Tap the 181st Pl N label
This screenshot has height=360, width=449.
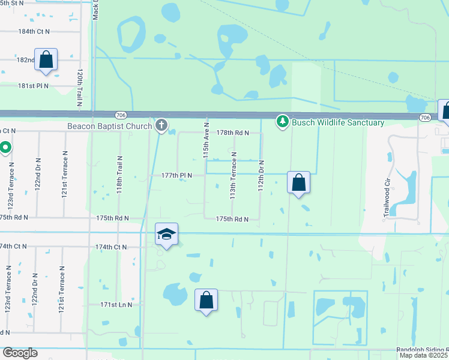point(33,86)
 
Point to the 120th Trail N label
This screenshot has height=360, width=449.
point(79,88)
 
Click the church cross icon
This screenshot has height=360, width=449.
point(160,125)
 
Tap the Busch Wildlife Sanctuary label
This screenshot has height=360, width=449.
point(338,122)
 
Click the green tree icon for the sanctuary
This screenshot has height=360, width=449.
point(283,122)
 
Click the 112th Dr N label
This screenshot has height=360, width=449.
point(261,174)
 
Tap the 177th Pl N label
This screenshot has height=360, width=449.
point(176,175)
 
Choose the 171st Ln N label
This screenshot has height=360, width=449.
point(116,305)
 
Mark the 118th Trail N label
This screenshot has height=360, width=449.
point(120,173)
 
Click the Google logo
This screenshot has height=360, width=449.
point(20,353)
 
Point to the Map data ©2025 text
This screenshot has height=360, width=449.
point(423,355)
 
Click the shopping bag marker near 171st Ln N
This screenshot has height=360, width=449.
point(206,300)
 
